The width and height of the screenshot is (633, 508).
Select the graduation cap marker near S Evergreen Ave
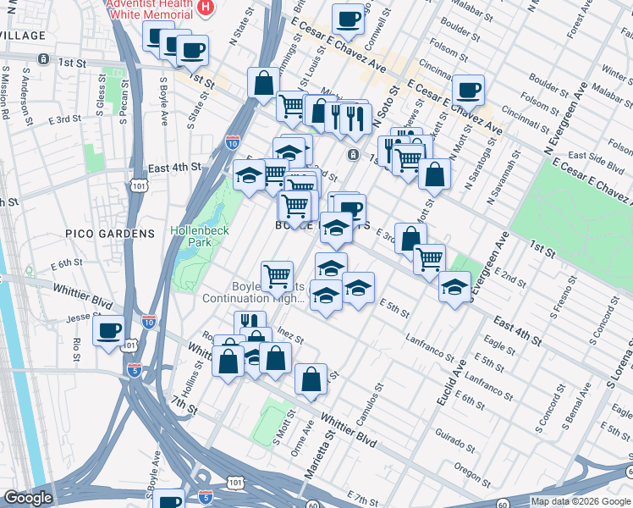454,287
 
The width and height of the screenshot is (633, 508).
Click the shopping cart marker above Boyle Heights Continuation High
278,274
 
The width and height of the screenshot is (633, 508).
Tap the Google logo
29,498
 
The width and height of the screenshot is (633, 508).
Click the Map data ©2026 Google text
581,501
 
